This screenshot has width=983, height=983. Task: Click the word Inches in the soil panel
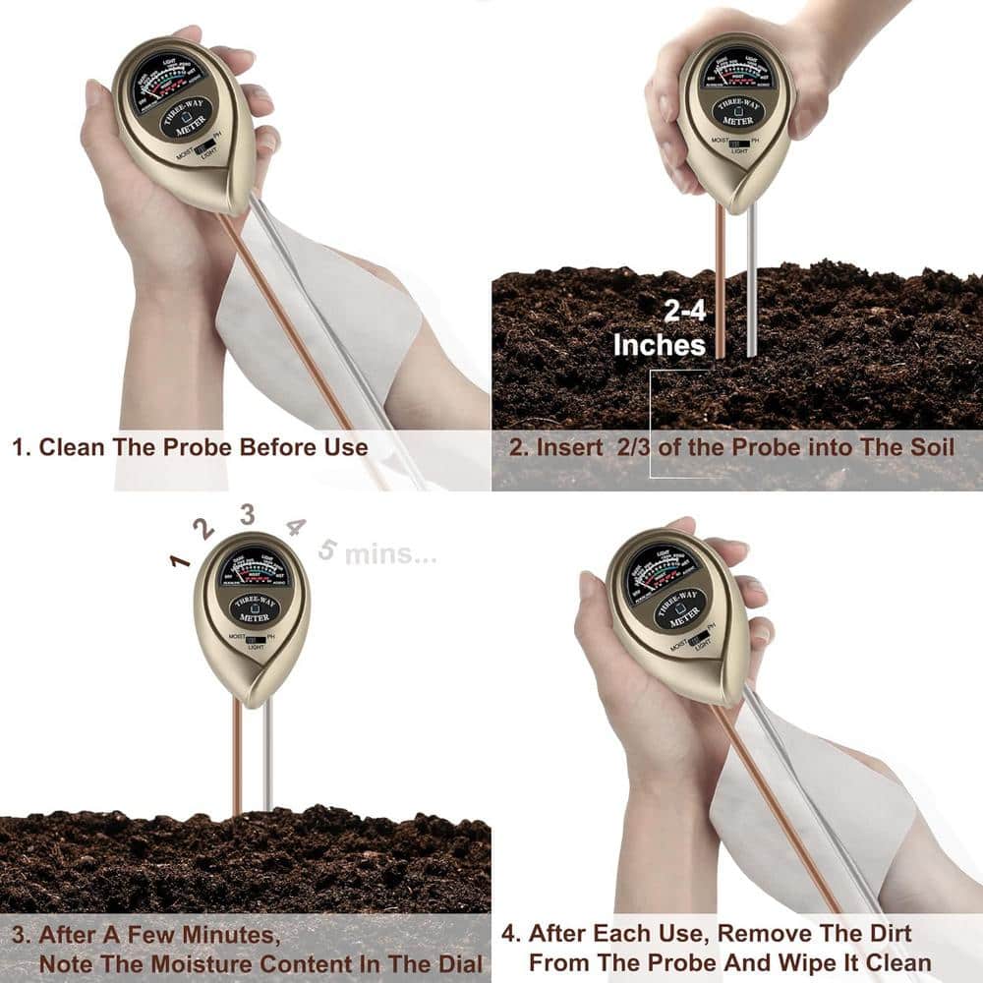[660, 345]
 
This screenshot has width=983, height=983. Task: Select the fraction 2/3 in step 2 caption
[637, 447]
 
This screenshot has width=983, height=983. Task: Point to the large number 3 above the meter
[247, 513]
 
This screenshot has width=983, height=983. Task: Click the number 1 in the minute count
[179, 561]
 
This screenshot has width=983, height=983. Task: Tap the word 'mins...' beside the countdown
[390, 554]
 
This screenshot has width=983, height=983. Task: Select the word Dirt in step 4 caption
[884, 933]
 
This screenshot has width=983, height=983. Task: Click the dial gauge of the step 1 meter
[169, 78]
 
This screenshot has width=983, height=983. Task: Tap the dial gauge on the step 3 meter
[253, 569]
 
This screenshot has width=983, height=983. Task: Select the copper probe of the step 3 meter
[237, 757]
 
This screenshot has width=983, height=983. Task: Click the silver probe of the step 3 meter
[267, 757]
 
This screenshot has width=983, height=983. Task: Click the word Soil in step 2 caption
[930, 447]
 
